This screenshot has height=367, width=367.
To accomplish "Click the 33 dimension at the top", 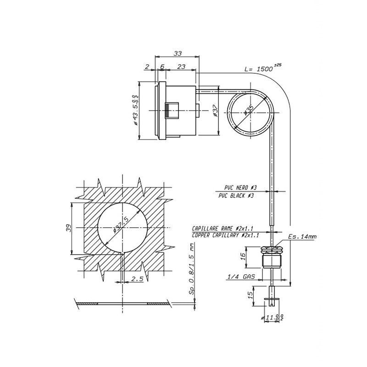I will [177, 54].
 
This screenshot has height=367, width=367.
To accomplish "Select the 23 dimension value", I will [181, 67].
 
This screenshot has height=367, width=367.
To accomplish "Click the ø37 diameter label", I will [216, 110].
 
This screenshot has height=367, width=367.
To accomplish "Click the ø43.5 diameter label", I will [136, 110].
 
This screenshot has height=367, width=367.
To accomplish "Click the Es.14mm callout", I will [302, 237].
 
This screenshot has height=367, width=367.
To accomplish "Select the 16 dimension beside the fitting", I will [242, 258].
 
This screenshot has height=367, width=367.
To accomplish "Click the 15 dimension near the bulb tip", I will [250, 295].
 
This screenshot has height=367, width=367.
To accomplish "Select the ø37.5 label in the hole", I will [121, 226].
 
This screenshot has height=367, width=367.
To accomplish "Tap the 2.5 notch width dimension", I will [137, 279].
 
